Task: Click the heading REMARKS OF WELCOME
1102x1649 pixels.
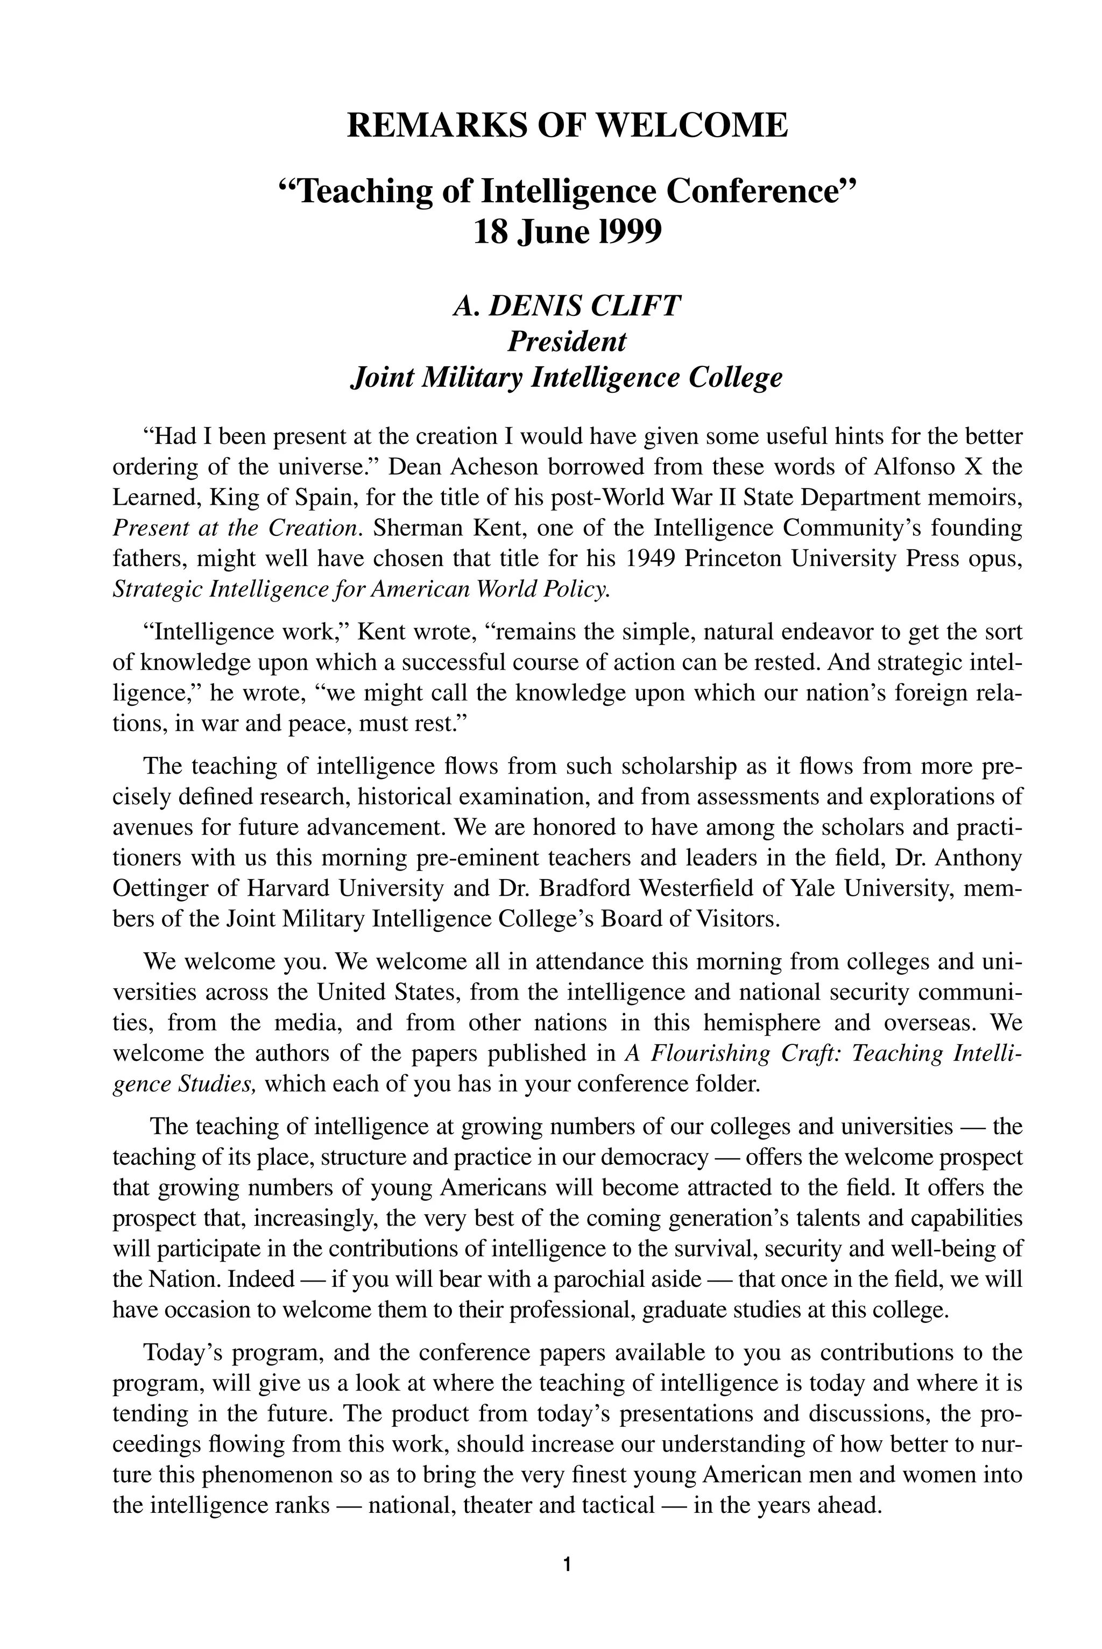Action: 567,126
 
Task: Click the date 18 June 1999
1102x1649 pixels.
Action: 567,232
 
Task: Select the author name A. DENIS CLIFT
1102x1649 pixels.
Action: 567,306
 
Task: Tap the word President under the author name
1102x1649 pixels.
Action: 567,342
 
